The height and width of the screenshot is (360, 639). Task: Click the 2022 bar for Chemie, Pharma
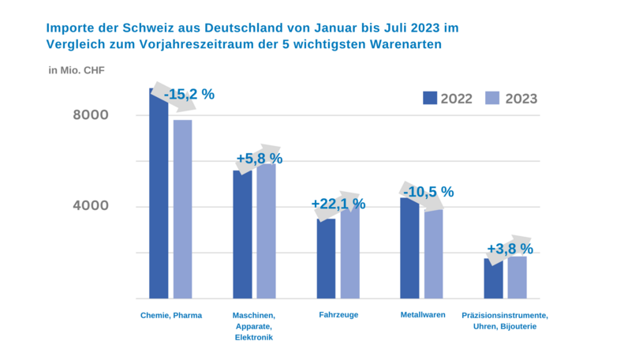pos(159,197)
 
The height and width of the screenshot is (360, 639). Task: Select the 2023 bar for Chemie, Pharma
pos(183,209)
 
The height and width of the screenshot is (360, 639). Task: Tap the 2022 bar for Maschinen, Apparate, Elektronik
pos(242,234)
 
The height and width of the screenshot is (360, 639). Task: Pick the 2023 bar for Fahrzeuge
pos(349,253)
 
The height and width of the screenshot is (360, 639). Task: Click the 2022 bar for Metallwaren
pos(409,248)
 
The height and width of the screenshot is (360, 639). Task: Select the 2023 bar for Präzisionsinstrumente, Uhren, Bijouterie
pos(517,277)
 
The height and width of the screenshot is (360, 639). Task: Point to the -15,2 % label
pos(189,94)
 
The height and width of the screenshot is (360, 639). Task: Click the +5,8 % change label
pos(259,159)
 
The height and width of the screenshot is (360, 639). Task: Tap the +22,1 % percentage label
pos(338,204)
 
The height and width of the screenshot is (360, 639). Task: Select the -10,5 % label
pos(428,192)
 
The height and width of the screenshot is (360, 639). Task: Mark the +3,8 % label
pos(510,249)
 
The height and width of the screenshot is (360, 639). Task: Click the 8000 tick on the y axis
pos(91,115)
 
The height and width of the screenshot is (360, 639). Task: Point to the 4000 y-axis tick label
pos(91,207)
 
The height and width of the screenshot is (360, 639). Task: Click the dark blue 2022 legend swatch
pos(430,98)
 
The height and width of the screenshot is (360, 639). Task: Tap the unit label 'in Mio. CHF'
pos(77,70)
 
